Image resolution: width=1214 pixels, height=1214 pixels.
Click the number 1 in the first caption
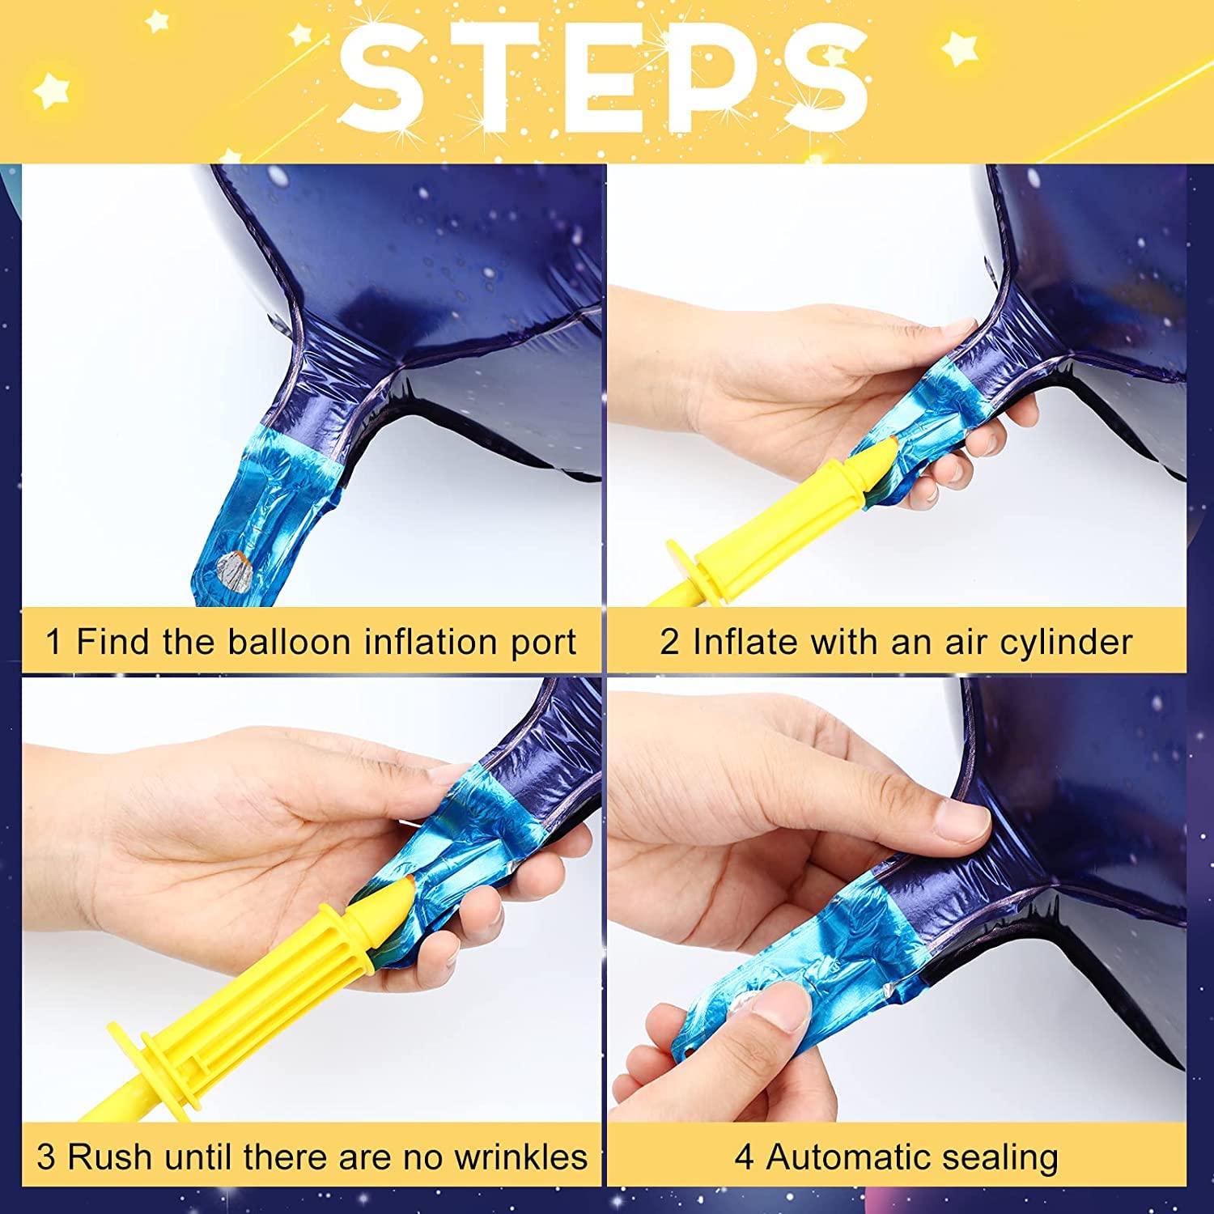53,643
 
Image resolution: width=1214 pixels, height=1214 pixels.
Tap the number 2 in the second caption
669,643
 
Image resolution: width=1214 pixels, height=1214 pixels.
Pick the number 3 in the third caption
47,1157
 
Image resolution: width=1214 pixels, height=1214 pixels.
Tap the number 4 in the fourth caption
744,1157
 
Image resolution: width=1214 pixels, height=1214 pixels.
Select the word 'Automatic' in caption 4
849,1157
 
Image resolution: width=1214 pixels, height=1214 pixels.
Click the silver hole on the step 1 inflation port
236,565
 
